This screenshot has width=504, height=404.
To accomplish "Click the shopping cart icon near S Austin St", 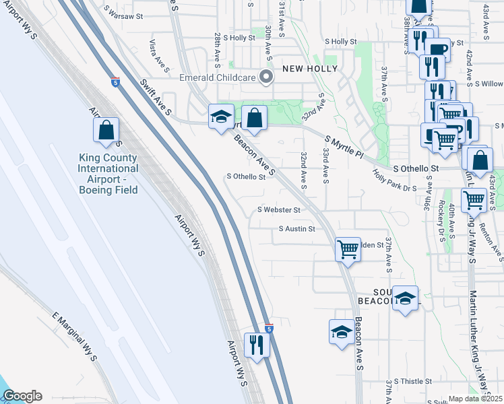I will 348,248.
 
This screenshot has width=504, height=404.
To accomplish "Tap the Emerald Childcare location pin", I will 266,77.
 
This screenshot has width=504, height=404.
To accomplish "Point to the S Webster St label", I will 278,210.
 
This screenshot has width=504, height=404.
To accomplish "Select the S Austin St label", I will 297,229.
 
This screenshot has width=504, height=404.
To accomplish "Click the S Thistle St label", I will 413,381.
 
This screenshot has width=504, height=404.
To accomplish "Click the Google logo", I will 22,396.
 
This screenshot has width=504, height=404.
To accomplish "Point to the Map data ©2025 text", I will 476,399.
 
